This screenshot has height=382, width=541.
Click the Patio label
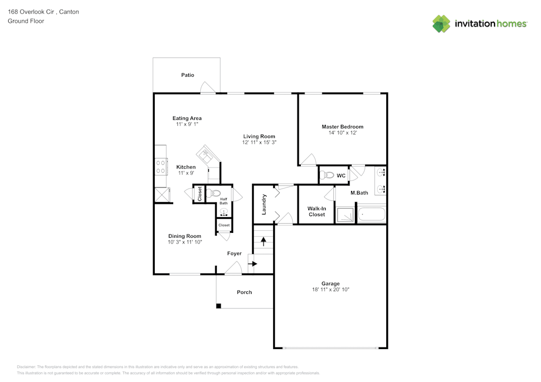(187, 75)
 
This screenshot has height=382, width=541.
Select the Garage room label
(330, 284)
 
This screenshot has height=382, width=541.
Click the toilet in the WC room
(327, 175)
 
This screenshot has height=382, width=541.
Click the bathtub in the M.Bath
(372, 215)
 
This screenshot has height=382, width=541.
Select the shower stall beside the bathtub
(345, 215)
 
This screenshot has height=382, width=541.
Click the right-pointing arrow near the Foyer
(253, 264)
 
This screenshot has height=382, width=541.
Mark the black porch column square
(219, 306)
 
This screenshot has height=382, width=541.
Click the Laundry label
(264, 204)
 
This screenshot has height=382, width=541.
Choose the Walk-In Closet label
(316, 211)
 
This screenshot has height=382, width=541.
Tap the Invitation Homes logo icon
(441, 24)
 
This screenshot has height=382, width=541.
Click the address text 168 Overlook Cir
(32, 11)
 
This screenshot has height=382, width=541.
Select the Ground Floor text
(26, 21)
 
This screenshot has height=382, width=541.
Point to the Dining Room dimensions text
(184, 243)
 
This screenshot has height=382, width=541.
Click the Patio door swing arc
(206, 88)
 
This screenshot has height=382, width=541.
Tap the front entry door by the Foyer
(233, 267)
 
